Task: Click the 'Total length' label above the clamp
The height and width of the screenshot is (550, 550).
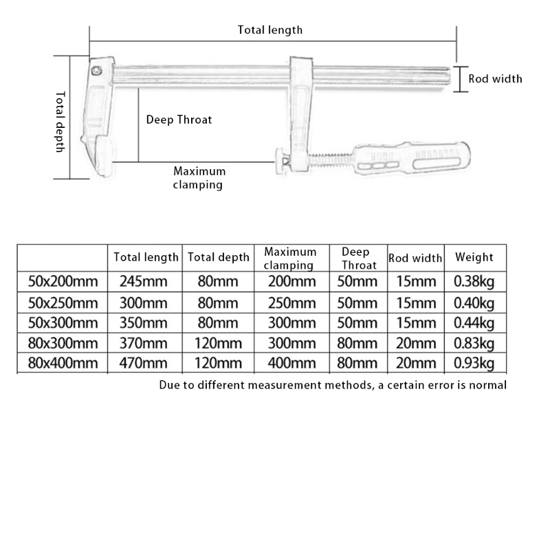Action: pos(270,30)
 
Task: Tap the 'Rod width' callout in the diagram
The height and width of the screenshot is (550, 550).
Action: pos(495,78)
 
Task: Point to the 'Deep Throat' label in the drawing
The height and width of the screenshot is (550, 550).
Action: pos(179,120)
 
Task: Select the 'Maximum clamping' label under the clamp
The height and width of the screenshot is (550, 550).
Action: pos(199,177)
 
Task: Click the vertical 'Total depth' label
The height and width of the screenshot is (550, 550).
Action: pos(60,122)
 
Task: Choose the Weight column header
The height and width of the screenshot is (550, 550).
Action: pos(474,257)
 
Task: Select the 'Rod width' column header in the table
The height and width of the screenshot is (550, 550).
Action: pos(415,258)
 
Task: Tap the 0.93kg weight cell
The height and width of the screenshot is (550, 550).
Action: pos(474,363)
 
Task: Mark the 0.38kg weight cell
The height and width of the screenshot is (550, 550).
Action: pos(474,281)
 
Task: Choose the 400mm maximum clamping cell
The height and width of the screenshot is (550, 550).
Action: pos(290,363)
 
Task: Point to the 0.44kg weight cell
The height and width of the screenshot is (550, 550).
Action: pos(474,323)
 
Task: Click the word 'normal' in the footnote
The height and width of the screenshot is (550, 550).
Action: pos(488,385)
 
